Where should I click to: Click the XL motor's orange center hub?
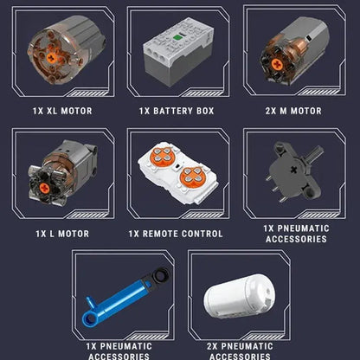tap(51, 58)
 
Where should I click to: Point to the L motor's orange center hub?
tap(44, 189)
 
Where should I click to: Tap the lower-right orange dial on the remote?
tap(191, 177)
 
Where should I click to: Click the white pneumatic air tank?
tap(239, 296)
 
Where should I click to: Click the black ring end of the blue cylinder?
tap(161, 275)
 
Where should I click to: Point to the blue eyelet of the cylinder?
tap(89, 318)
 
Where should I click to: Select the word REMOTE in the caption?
tap(160, 234)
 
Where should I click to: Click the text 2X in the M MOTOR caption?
tap(271, 111)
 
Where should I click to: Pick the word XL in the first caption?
tap(52, 111)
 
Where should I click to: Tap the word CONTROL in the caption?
tap(202, 234)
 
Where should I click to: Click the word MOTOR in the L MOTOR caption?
tap(74, 234)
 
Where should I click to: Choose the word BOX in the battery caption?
tap(205, 111)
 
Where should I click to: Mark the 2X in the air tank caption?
tap(212, 346)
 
